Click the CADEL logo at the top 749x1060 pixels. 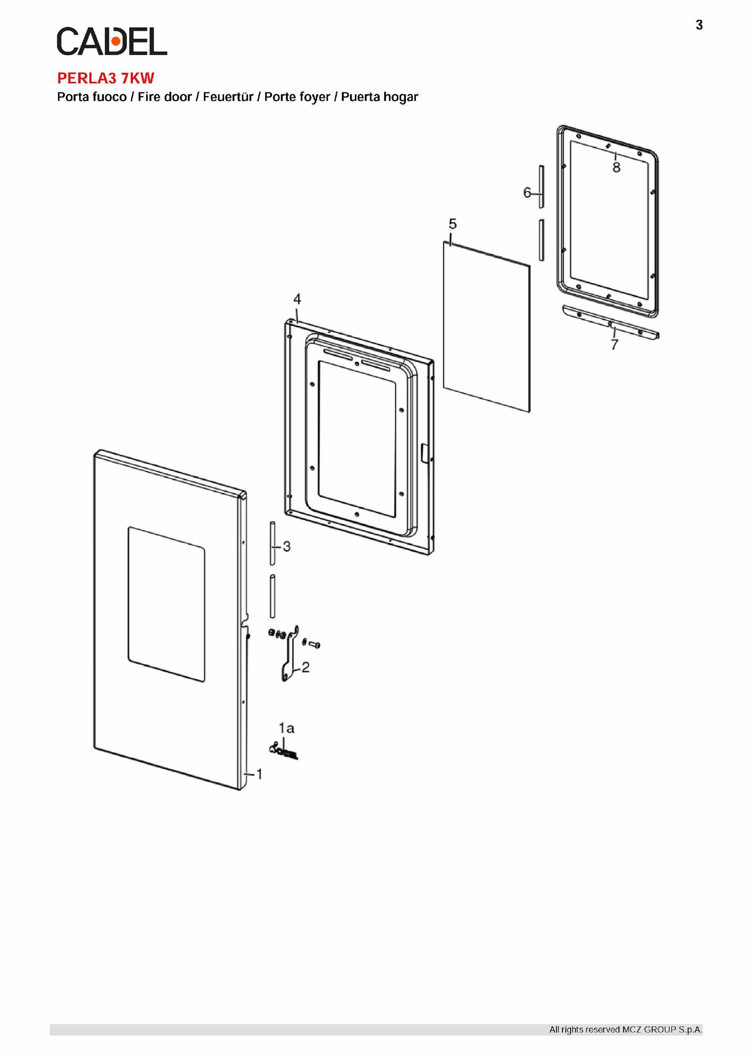coord(112,41)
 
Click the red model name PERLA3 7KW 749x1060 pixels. coord(106,78)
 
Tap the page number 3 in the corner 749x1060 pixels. coord(699,25)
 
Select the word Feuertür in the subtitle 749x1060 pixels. coord(228,97)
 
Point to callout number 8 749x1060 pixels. coord(616,167)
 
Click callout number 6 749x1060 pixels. coord(527,192)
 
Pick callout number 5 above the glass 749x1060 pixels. coord(453,224)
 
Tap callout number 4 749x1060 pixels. coord(297,299)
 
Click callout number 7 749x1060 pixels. coord(615,344)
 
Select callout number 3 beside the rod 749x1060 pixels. coord(287,546)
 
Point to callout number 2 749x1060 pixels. coord(305,667)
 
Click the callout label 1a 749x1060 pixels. coord(286,728)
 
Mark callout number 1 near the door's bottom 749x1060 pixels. coord(259,774)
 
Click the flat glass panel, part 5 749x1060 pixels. coord(487,326)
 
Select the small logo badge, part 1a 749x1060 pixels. coord(284,751)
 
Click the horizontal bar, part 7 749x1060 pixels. coord(610,322)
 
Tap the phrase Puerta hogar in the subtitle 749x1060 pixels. coord(380,97)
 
